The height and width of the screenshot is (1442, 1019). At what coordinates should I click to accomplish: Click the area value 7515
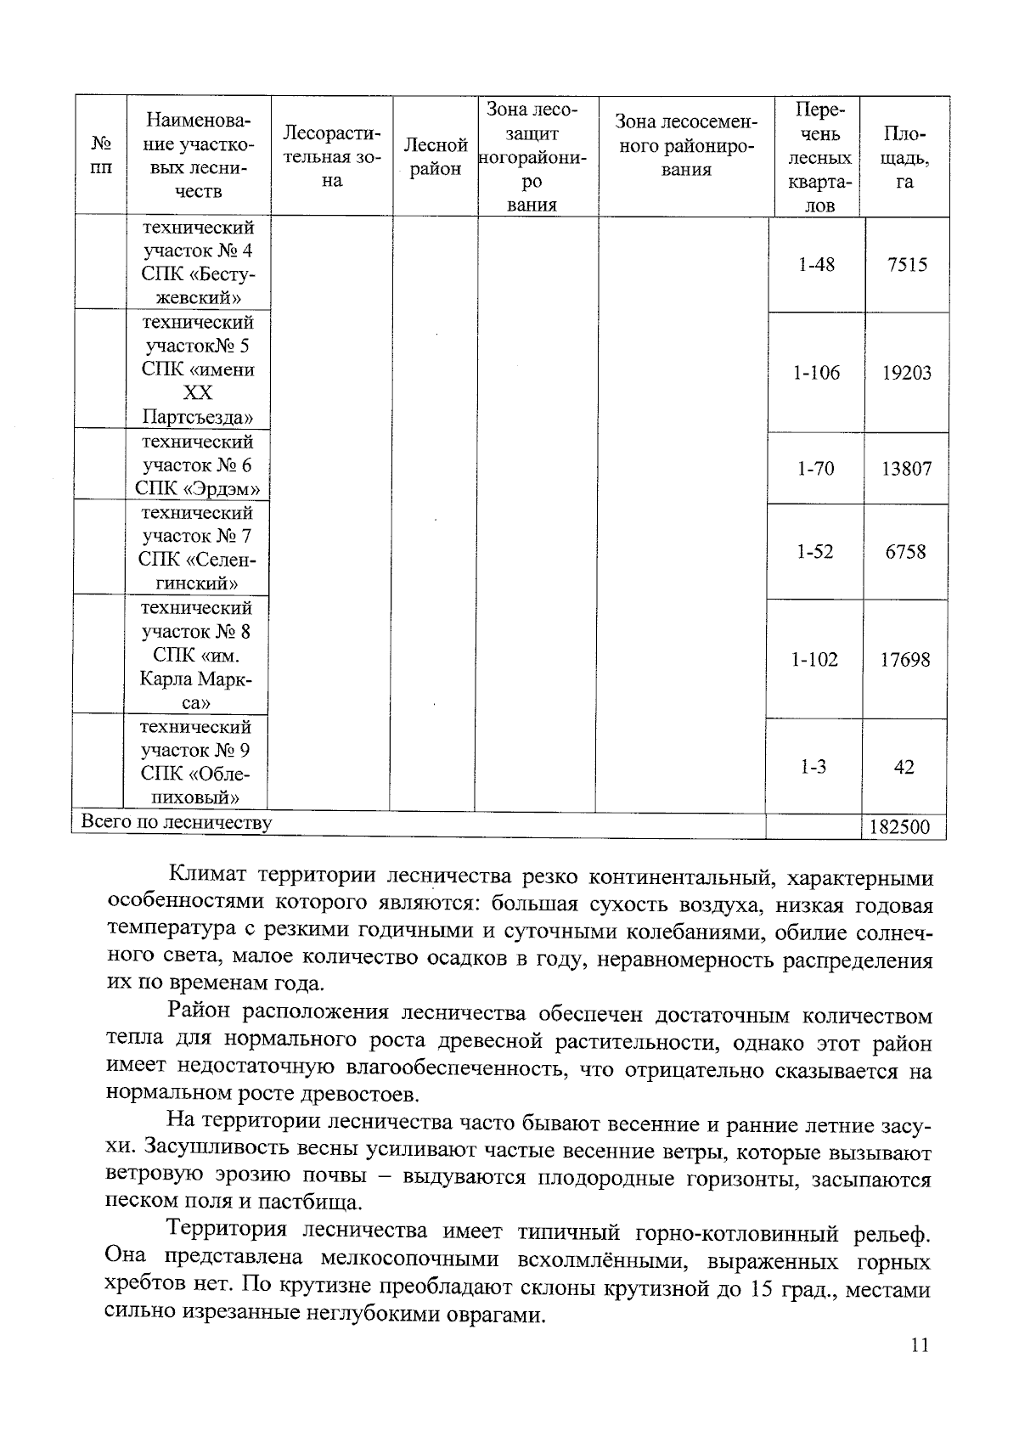[x=906, y=265]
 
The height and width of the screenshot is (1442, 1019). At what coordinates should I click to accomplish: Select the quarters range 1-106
[x=816, y=373]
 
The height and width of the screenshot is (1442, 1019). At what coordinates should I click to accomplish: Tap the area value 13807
[x=906, y=468]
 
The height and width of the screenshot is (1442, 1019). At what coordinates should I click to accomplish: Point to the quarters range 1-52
[x=814, y=552]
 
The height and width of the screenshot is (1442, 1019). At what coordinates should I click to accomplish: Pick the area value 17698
[x=904, y=660]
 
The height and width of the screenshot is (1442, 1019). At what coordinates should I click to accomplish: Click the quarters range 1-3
[x=813, y=767]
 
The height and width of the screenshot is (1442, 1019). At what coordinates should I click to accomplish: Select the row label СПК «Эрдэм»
[x=197, y=488]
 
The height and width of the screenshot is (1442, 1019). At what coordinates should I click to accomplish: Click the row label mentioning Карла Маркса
[x=197, y=679]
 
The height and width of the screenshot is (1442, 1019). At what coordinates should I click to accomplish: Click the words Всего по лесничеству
[x=176, y=822]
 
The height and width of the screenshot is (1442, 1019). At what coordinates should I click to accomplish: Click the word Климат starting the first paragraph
[x=208, y=876]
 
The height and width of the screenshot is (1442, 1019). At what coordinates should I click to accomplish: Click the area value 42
[x=904, y=767]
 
